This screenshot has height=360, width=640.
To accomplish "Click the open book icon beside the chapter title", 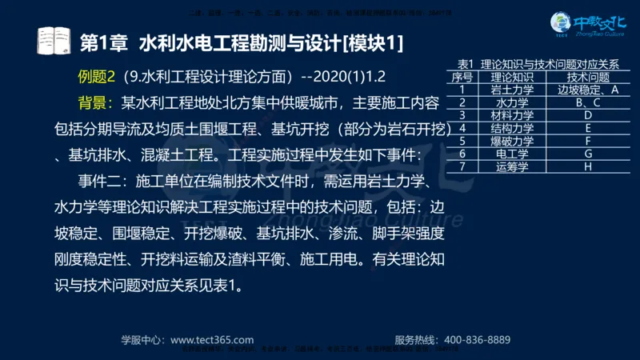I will [x=54, y=40].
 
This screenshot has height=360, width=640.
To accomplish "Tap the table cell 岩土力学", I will [x=512, y=90].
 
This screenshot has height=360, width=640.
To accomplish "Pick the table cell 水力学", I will [x=512, y=102].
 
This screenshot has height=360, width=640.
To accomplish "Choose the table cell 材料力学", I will [x=512, y=115].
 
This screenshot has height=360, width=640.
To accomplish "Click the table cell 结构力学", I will [x=512, y=128].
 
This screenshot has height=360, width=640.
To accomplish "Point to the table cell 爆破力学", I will [x=512, y=141].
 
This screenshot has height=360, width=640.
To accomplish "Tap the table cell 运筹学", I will [x=512, y=166].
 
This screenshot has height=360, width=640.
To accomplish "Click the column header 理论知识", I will [x=512, y=78].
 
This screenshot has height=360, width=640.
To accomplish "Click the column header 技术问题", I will [x=588, y=78].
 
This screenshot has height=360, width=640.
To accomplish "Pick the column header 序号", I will [x=462, y=78].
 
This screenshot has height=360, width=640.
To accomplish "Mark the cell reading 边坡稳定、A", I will [x=588, y=90].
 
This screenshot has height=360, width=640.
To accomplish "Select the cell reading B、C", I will [x=588, y=102].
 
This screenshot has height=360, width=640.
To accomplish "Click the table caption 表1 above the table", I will [x=466, y=65].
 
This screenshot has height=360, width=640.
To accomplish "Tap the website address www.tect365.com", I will [x=213, y=339].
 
